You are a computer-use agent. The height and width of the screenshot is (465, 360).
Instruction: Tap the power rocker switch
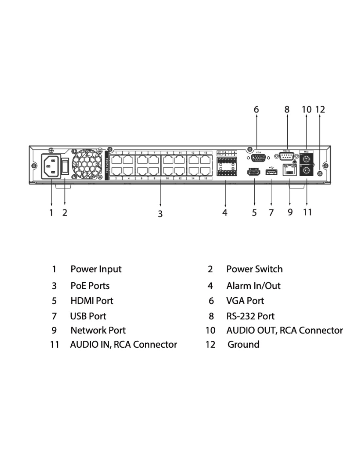65,166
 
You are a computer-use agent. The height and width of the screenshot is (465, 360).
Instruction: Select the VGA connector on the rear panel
258,158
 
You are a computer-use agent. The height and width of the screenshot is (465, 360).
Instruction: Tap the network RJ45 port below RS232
289,170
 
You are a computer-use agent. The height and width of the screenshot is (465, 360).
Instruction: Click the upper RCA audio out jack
307,159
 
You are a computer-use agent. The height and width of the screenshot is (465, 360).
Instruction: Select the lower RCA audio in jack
307,170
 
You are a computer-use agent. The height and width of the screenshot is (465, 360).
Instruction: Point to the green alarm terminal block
226,166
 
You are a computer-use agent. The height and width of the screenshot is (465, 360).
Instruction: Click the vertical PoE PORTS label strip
107,165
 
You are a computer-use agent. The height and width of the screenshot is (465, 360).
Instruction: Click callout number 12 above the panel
320,109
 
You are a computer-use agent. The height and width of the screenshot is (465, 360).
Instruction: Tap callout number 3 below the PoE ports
160,214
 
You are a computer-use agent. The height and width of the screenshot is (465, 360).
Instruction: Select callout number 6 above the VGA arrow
256,109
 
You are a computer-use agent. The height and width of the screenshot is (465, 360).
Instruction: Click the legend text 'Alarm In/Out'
253,286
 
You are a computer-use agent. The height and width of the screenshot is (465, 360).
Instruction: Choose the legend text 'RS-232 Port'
250,316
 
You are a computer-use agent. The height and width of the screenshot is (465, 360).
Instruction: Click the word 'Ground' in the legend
243,344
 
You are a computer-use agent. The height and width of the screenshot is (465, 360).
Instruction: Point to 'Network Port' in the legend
98,330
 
